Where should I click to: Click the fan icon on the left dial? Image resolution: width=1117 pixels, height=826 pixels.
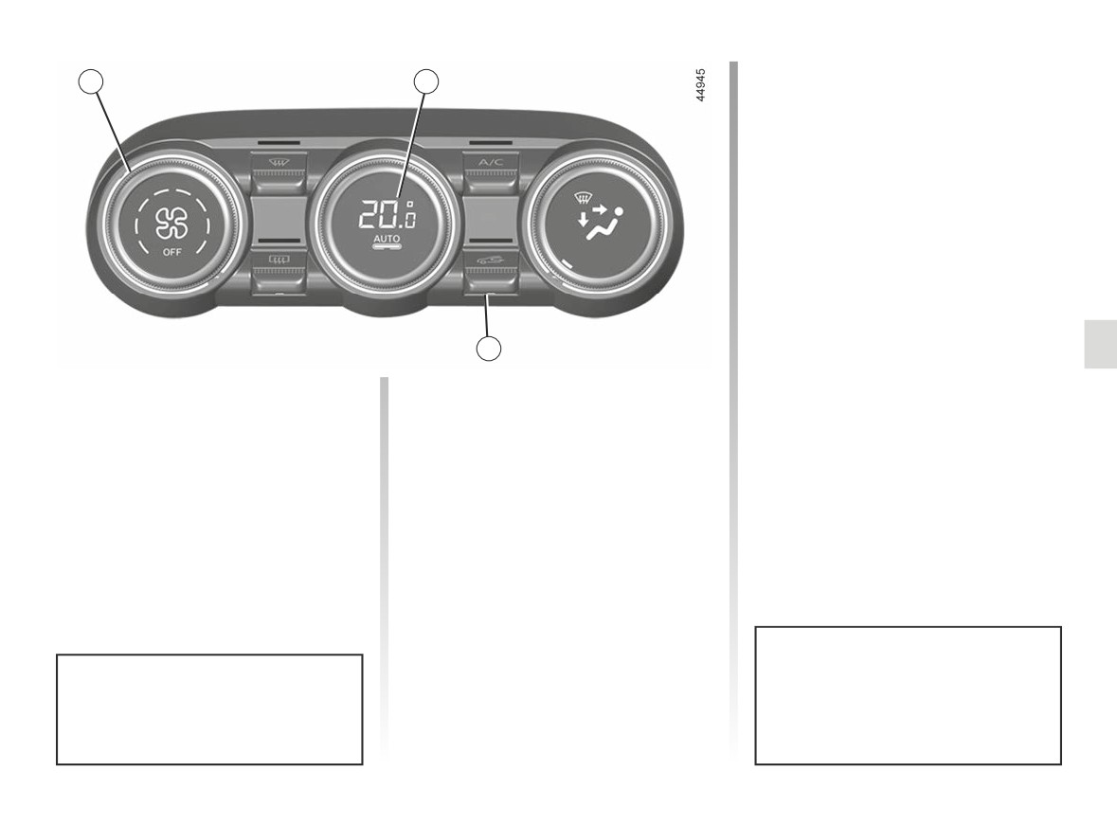pos(172,224)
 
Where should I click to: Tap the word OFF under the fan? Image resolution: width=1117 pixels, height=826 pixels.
pos(171,252)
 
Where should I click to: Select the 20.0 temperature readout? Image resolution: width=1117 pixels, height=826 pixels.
pos(387,214)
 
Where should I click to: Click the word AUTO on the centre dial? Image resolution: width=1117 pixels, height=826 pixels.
pos(387,238)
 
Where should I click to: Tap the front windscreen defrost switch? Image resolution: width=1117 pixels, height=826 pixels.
pos(278,173)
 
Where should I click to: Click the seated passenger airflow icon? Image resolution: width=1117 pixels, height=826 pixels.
pos(600,223)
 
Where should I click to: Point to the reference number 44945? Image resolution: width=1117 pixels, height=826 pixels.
pos(701,84)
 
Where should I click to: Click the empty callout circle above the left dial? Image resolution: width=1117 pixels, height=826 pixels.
pos(90,81)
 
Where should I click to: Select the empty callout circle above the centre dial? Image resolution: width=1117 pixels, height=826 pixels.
pos(426,81)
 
